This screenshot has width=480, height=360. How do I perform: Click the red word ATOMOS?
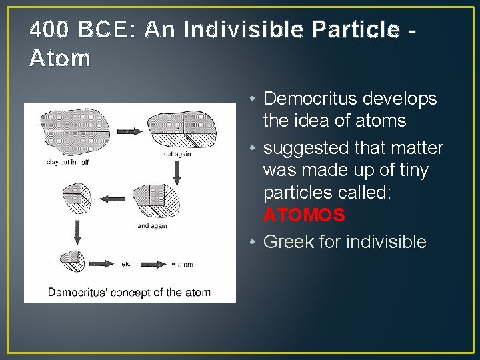pos(304,215)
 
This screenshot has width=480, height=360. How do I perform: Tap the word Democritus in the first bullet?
pos(311,99)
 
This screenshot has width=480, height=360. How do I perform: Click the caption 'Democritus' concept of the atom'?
pos(129,292)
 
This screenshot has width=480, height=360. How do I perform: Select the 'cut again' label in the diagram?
pos(177,154)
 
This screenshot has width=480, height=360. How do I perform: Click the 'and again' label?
pos(152,226)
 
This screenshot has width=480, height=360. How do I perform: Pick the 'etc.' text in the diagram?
pos(127,264)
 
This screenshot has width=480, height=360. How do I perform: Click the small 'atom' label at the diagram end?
pos(184,264)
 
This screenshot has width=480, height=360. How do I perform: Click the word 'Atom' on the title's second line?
pos(60,59)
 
